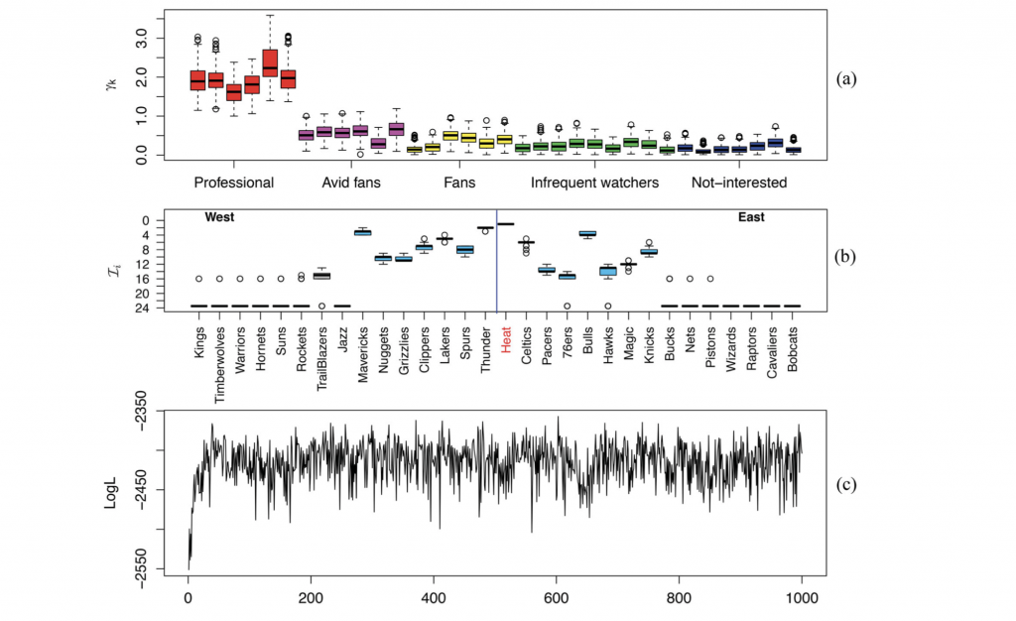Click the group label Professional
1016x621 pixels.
click(234, 183)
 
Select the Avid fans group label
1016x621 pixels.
click(351, 183)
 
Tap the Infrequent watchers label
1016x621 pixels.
click(594, 183)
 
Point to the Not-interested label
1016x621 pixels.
click(738, 183)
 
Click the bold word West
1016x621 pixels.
click(219, 217)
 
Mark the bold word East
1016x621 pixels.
click(751, 217)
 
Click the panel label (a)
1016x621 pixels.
click(847, 77)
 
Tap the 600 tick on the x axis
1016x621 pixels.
click(556, 598)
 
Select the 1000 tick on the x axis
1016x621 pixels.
click(800, 598)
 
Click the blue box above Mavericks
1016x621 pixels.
click(363, 231)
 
